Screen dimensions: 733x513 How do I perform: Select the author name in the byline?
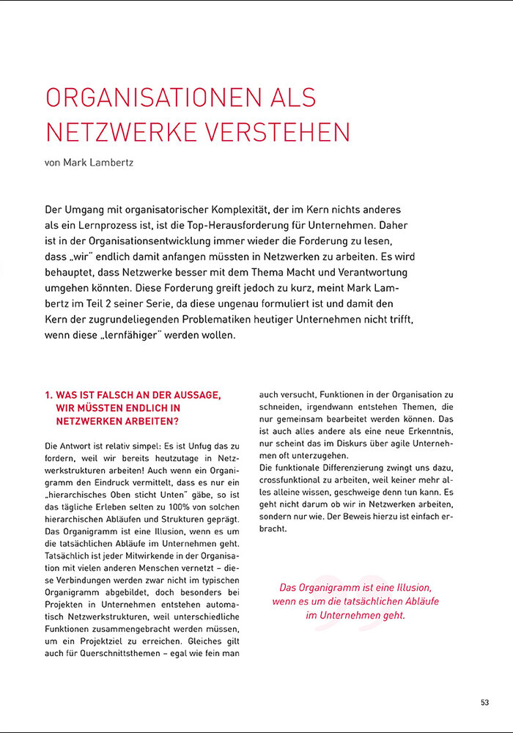[x=107, y=163]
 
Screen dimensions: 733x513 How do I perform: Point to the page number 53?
[x=484, y=702]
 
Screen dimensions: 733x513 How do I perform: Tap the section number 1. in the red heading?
[x=49, y=395]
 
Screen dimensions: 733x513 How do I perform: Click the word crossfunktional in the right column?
[x=294, y=480]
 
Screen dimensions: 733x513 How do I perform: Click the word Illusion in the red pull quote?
[x=410, y=588]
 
